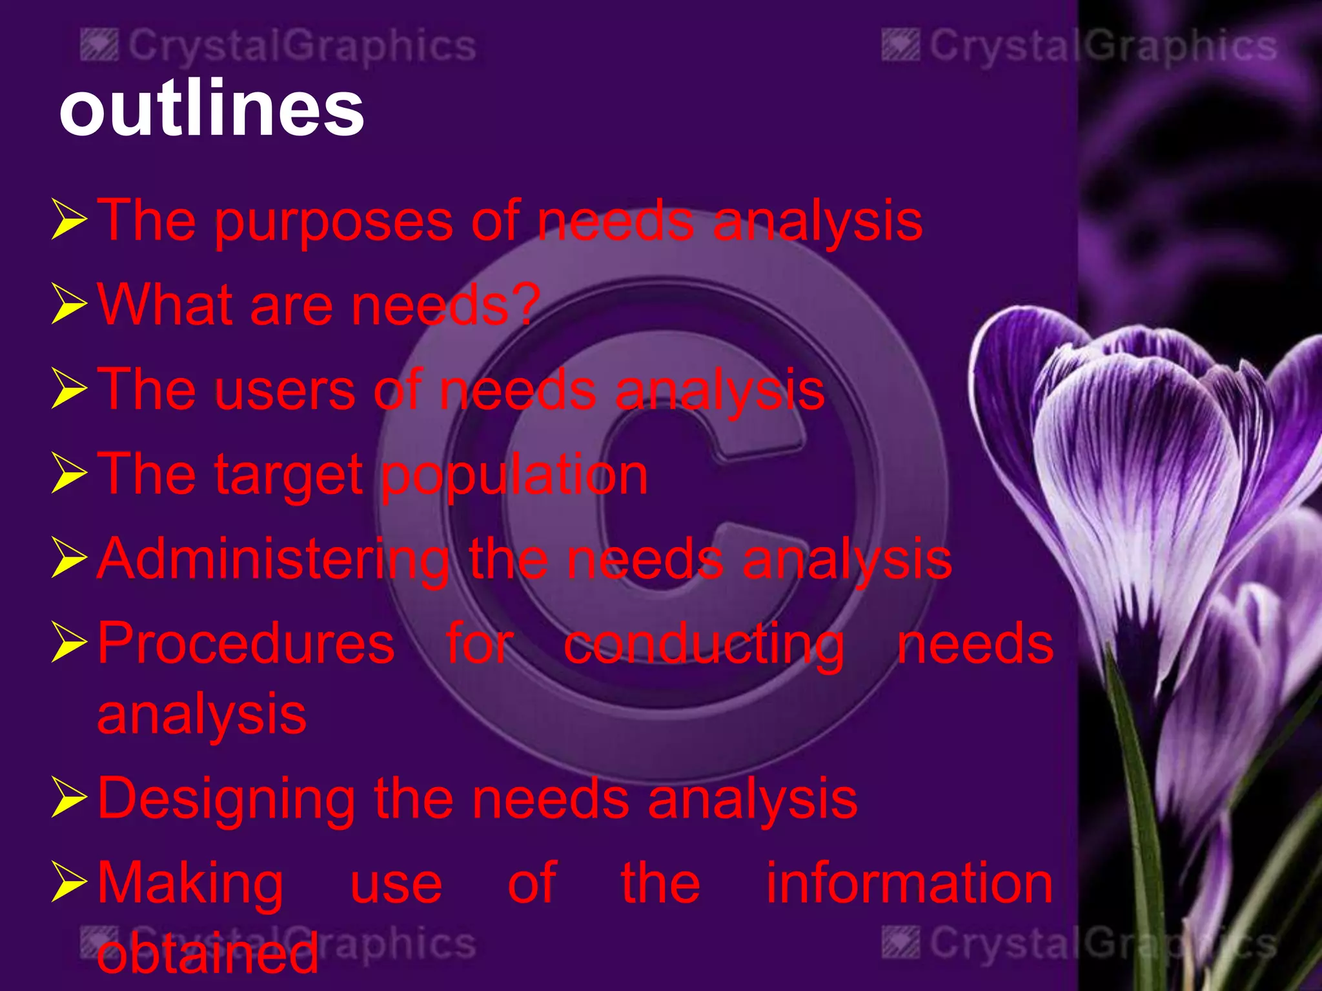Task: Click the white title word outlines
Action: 212,108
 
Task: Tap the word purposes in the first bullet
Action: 333,223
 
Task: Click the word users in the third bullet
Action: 285,390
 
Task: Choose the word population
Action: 514,476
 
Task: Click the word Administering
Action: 273,559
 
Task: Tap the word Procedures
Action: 246,643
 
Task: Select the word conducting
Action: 704,645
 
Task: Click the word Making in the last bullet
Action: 190,885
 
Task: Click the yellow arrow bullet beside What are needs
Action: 68,305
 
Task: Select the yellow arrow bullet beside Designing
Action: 68,799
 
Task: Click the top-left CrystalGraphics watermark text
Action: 301,46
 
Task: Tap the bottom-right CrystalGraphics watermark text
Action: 1103,944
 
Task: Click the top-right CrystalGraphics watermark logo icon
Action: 900,46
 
